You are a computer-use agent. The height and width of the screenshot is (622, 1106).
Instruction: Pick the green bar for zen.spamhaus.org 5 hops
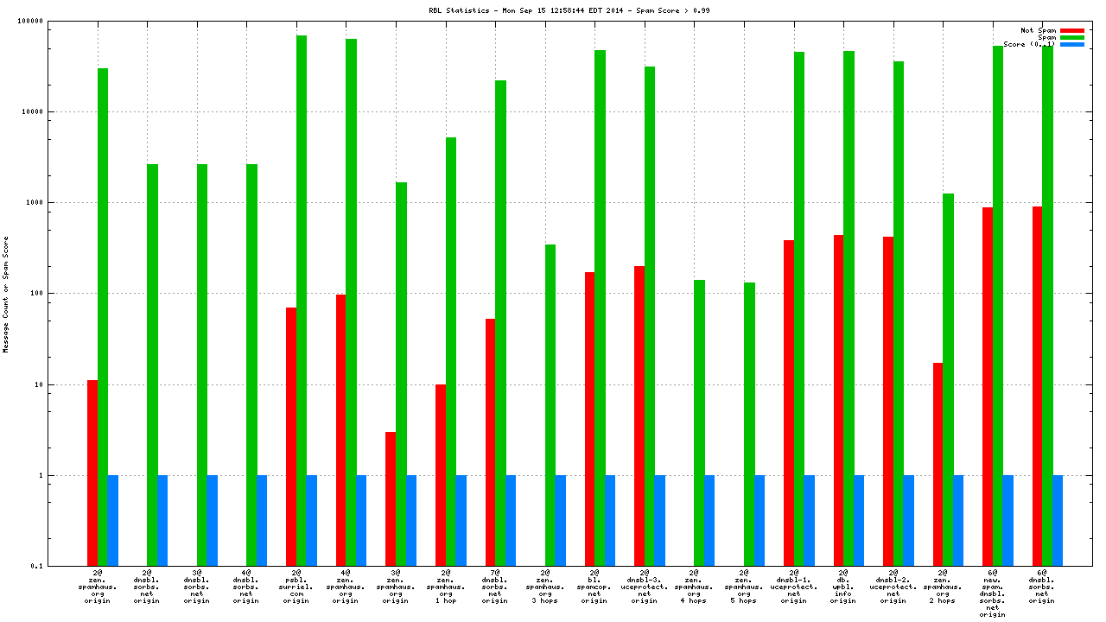(749, 423)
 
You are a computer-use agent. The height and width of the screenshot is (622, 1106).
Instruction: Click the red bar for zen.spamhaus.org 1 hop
(441, 475)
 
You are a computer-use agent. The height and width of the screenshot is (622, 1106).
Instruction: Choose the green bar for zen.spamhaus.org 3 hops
(550, 405)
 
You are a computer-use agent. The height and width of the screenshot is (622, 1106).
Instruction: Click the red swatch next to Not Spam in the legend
(1072, 30)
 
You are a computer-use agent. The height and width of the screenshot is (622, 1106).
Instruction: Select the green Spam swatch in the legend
(1072, 37)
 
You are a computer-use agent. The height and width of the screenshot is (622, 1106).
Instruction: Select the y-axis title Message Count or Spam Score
(6, 294)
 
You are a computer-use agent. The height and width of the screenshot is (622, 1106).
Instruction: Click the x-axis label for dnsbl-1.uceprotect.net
(794, 587)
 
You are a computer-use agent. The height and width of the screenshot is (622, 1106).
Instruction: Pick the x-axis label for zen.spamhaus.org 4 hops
(693, 587)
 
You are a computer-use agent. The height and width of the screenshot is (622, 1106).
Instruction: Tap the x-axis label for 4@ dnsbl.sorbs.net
(245, 587)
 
